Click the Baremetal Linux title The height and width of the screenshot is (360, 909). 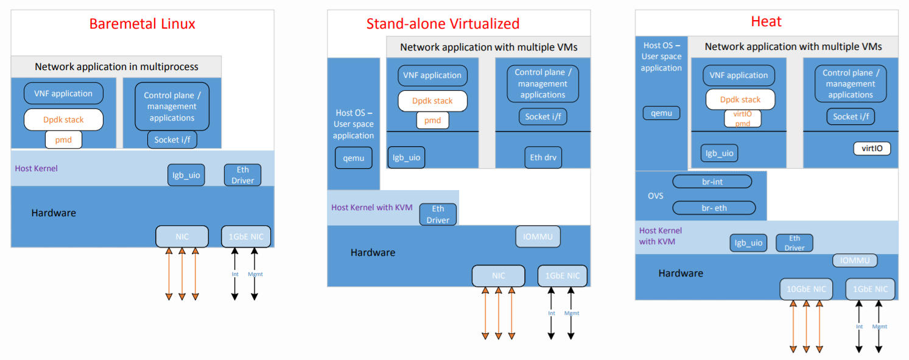coord(142,24)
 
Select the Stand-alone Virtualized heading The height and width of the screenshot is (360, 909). coord(443,24)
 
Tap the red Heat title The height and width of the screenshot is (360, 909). coord(766,21)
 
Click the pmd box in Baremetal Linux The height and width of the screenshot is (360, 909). coord(63,139)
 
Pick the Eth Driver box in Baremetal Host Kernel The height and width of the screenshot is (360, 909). coord(242,175)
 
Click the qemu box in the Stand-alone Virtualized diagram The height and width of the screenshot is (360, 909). coord(353,158)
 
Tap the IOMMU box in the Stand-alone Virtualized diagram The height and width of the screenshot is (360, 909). coord(538,236)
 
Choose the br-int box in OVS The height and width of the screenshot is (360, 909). coord(712,182)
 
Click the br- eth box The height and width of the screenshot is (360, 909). coord(714,208)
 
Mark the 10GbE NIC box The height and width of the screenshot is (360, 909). coord(806,289)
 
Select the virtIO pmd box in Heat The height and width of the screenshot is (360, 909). coord(742,118)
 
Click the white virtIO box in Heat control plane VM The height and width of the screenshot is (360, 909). coord(872,148)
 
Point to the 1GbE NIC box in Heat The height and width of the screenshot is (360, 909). coord(870,289)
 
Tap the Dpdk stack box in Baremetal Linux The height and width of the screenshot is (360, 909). coord(63,119)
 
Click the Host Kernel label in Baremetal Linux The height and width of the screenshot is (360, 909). coord(37,168)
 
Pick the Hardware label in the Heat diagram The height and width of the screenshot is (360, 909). coord(680,273)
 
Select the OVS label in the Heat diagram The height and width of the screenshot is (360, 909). coord(655,196)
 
